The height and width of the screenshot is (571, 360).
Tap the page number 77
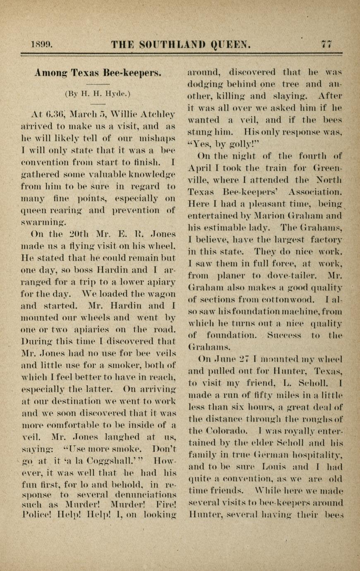[x=326, y=44]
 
